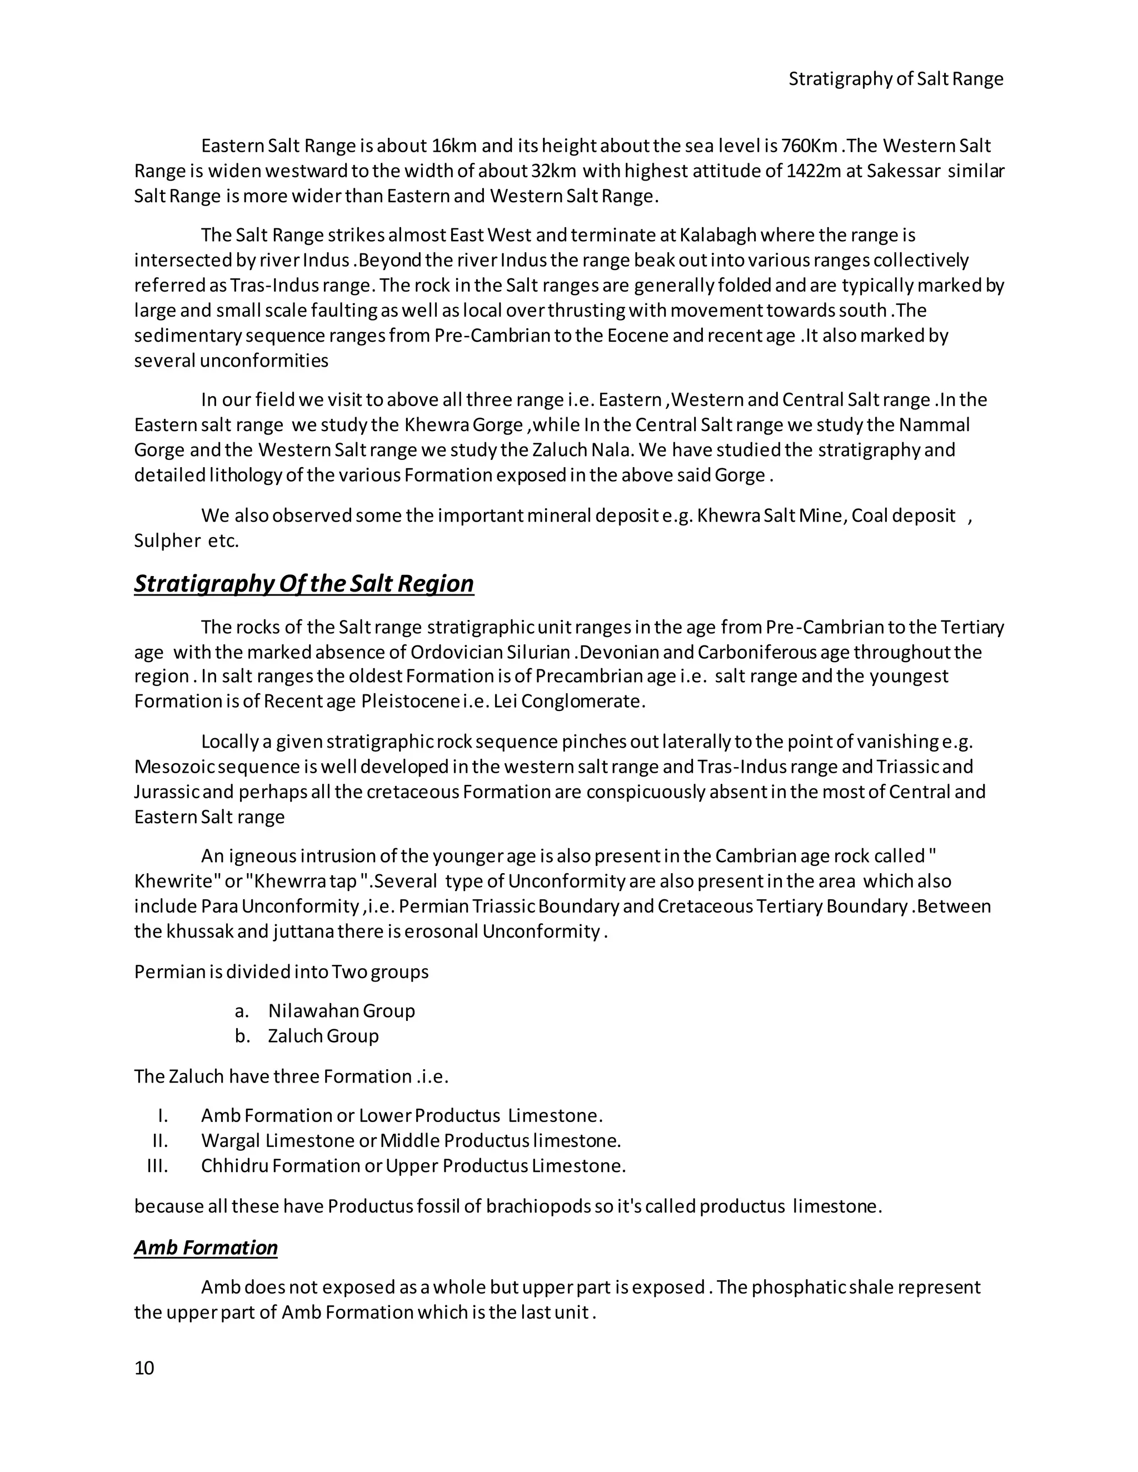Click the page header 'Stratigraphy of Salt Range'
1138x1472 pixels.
pyautogui.click(x=895, y=79)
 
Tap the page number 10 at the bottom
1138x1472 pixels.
pyautogui.click(x=144, y=1368)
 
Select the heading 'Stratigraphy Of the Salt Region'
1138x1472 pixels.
pyautogui.click(x=303, y=583)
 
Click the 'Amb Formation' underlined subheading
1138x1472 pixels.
pyautogui.click(x=206, y=1248)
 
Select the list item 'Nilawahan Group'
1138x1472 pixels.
pyautogui.click(x=341, y=1010)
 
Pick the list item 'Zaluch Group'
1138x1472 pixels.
pyautogui.click(x=323, y=1035)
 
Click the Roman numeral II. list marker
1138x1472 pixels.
pyautogui.click(x=161, y=1140)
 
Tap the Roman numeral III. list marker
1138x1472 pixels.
pyautogui.click(x=158, y=1165)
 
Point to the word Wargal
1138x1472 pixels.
pyautogui.click(x=230, y=1140)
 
